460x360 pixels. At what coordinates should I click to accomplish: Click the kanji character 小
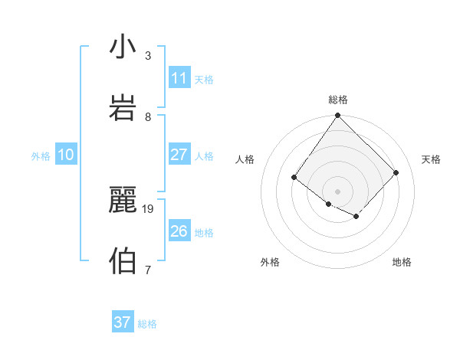click(x=123, y=47)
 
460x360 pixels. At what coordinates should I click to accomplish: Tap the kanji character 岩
click(x=123, y=108)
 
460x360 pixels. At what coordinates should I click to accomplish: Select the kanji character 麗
click(x=123, y=201)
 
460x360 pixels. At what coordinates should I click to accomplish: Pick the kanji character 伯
click(x=123, y=261)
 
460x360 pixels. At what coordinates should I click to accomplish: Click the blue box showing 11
click(x=179, y=78)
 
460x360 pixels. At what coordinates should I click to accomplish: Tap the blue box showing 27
click(x=179, y=155)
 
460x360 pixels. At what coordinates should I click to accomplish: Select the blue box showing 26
click(x=179, y=231)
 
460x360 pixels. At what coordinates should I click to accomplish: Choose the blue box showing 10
click(x=66, y=155)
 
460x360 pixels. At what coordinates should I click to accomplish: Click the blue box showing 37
click(x=123, y=322)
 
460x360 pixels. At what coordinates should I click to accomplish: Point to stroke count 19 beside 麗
click(x=149, y=208)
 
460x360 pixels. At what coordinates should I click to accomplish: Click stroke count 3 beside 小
click(x=148, y=55)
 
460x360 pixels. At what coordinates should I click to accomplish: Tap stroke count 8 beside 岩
click(x=148, y=116)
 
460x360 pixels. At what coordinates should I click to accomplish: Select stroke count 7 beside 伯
click(x=148, y=270)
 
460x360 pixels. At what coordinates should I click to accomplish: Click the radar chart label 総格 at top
click(x=338, y=100)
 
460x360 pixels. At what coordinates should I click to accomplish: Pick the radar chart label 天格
click(x=431, y=159)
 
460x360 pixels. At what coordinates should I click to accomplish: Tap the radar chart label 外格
click(x=270, y=262)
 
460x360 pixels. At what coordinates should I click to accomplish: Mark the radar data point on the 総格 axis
click(x=337, y=116)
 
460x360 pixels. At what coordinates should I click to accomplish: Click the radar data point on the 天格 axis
click(x=396, y=172)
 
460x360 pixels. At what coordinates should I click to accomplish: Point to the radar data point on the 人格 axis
click(x=294, y=178)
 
